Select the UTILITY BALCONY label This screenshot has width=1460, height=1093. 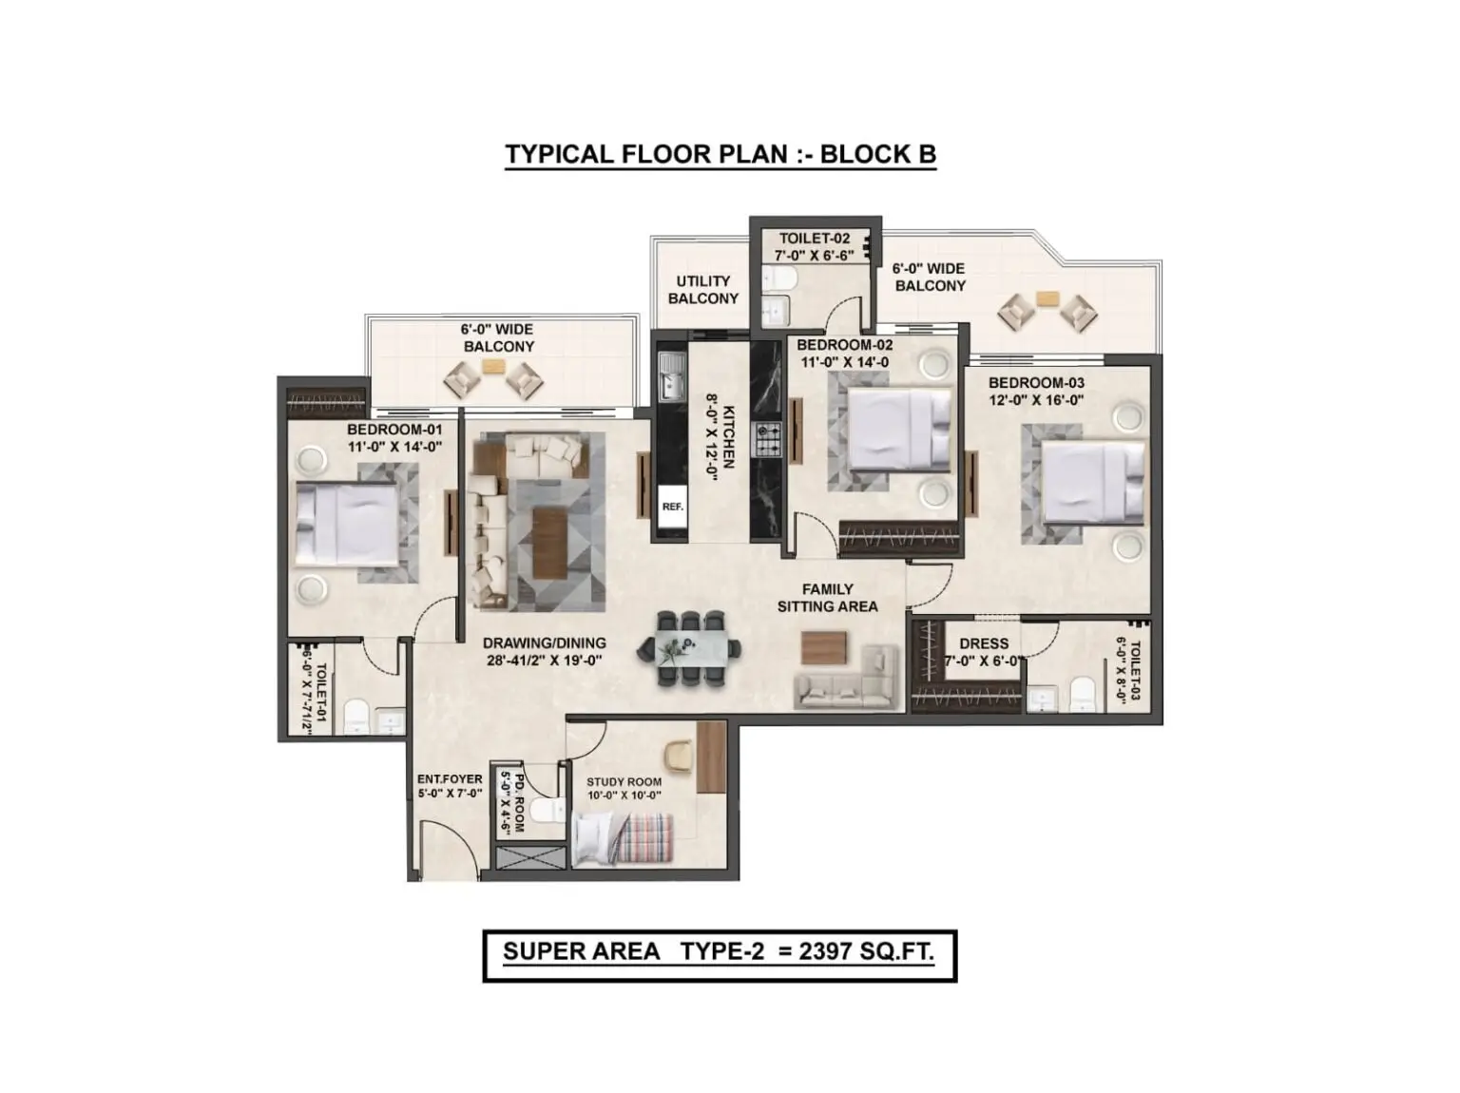click(702, 290)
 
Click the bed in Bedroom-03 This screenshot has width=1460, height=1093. click(1091, 482)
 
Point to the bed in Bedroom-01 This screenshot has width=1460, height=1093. click(347, 525)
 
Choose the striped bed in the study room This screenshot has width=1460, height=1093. click(623, 839)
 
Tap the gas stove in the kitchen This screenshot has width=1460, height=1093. click(767, 439)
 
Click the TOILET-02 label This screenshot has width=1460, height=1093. click(815, 238)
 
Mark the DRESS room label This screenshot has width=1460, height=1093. click(983, 643)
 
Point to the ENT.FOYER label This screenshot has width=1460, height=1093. click(450, 779)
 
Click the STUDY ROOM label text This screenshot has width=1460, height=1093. click(624, 782)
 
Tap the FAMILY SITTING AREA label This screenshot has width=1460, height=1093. click(827, 598)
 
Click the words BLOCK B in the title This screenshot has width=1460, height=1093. click(877, 154)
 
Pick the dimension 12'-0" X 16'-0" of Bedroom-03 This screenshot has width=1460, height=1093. click(1036, 400)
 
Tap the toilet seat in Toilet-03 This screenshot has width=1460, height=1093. click(1082, 694)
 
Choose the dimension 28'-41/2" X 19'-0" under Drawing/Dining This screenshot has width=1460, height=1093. click(544, 661)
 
